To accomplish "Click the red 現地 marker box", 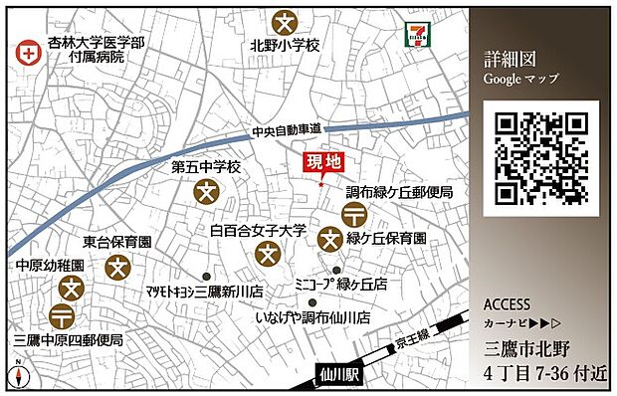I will [x=321, y=163].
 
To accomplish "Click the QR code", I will [x=540, y=158].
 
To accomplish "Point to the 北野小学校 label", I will [x=286, y=46].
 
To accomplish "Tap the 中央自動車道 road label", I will [x=287, y=130].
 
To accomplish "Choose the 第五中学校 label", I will [x=206, y=167].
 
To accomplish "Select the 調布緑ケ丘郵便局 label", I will [x=399, y=192].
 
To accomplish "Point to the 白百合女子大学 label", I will [x=259, y=230].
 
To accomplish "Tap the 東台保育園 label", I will [x=116, y=242].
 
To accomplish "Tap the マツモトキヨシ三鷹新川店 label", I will [x=203, y=293].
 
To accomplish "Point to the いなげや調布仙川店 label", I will [x=311, y=317].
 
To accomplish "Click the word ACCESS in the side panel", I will [x=506, y=304].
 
